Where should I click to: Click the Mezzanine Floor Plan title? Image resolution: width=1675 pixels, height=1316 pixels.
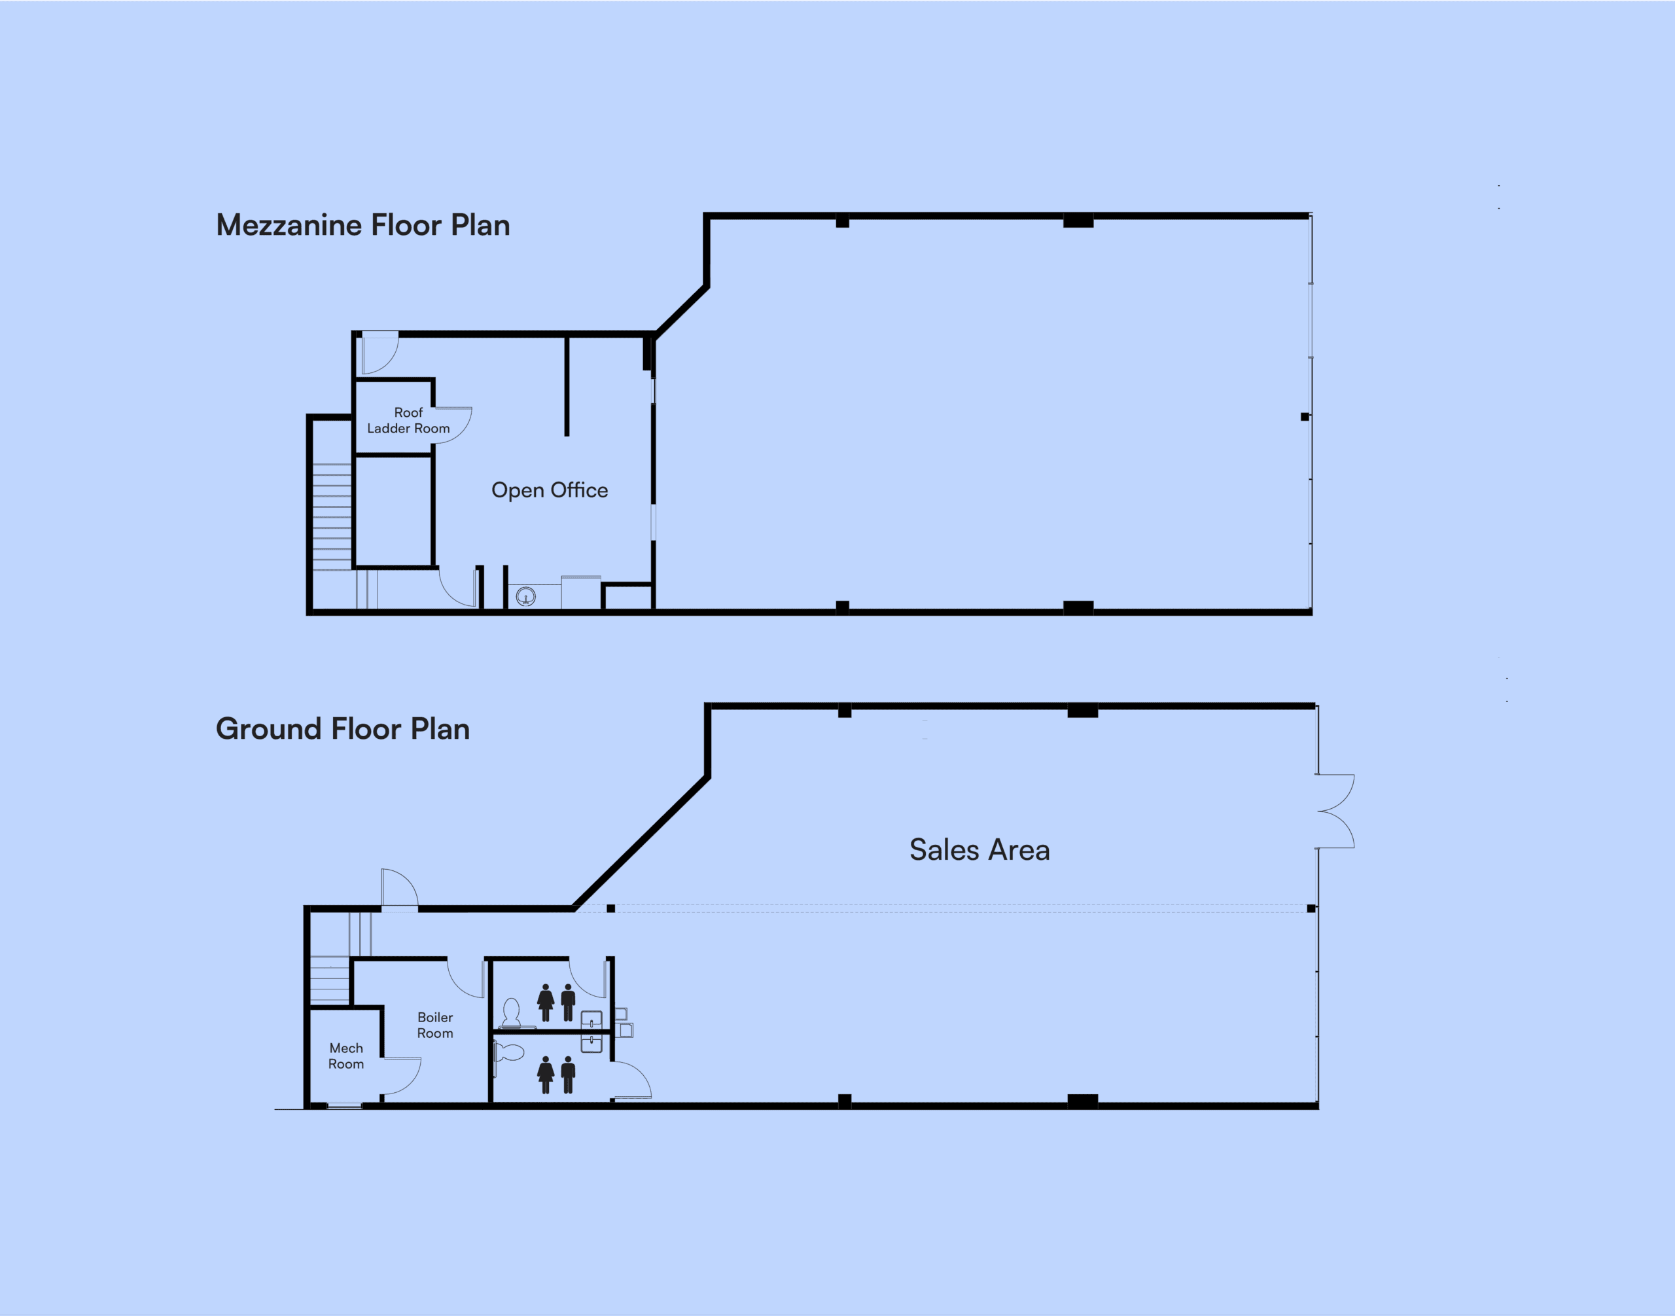pos(363,225)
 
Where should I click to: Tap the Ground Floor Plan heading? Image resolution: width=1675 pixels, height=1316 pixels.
pos(343,729)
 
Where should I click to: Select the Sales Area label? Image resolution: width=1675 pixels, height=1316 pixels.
pos(979,850)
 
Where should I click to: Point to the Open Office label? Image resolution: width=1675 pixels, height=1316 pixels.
pos(550,491)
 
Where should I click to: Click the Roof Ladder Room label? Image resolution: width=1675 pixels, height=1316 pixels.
pos(408,421)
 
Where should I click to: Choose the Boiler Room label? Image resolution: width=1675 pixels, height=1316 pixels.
pos(435,1025)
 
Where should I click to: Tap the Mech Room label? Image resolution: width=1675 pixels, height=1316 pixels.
pos(346,1056)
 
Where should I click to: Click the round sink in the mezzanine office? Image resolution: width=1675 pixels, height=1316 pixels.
pos(525,596)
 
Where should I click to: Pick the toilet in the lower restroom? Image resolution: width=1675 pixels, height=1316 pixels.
pos(508,1052)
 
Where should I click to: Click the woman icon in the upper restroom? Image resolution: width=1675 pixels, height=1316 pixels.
pos(546,1003)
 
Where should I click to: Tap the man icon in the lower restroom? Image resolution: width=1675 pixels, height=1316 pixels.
pos(569,1075)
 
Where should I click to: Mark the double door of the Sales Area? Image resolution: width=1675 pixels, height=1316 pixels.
pos(1335,811)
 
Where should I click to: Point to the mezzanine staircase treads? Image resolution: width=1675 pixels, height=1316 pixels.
pos(332,517)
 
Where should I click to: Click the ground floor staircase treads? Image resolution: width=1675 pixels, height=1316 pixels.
pos(330,979)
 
